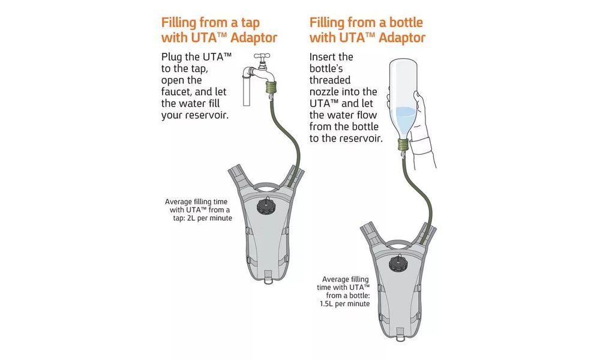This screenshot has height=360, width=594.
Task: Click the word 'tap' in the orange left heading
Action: click(250, 23)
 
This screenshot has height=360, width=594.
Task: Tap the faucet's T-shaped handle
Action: click(262, 57)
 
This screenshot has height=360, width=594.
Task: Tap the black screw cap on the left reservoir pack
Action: click(265, 206)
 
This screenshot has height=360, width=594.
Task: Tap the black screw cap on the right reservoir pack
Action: click(398, 263)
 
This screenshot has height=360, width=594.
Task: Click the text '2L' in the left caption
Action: click(191, 218)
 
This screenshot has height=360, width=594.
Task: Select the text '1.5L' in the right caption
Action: click(326, 304)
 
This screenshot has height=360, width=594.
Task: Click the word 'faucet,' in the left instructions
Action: click(178, 92)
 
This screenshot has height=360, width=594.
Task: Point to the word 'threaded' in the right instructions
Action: click(330, 80)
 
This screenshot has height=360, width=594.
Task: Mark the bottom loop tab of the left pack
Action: click(268, 278)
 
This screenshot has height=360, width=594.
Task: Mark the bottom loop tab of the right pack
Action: click(401, 335)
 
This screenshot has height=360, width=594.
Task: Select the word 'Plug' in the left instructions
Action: click(171, 57)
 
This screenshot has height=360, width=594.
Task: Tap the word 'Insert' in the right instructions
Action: click(320, 57)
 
